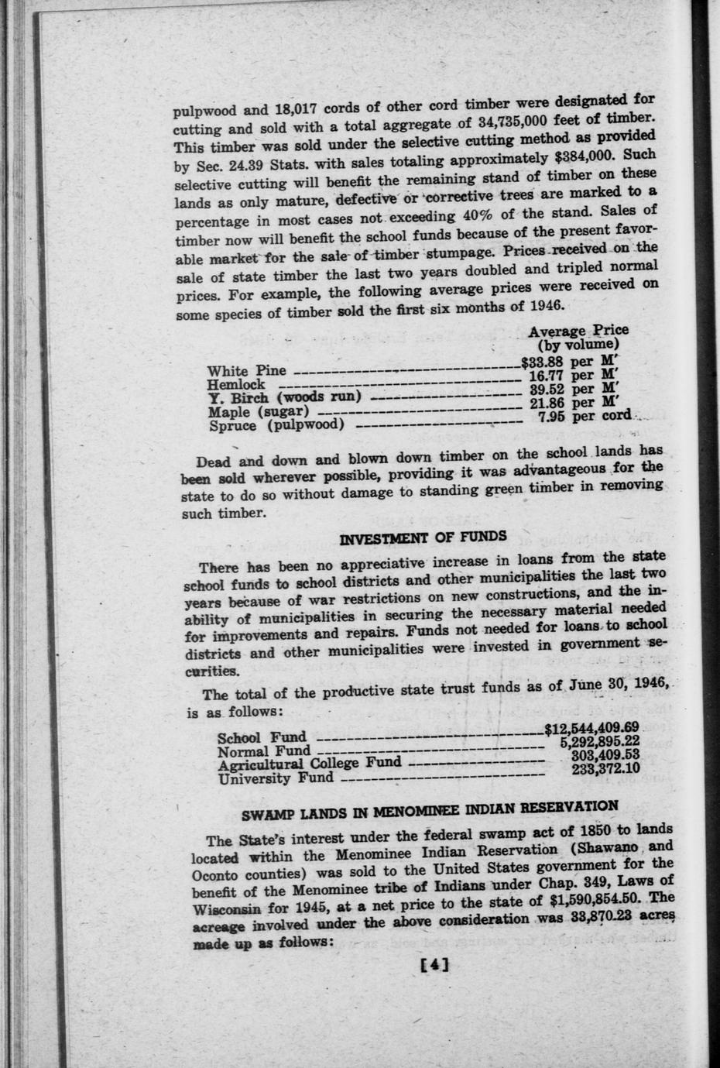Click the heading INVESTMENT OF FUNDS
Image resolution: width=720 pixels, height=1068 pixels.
click(x=423, y=535)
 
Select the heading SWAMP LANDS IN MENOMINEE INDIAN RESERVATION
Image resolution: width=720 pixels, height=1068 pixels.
click(x=430, y=809)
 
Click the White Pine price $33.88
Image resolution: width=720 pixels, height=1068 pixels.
click(x=544, y=361)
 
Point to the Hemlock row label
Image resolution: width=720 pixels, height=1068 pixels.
click(x=236, y=384)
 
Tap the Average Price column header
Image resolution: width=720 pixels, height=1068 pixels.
click(x=578, y=331)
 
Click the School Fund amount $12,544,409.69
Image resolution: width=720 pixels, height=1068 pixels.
click(x=591, y=728)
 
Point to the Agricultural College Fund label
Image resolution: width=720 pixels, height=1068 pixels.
click(x=310, y=764)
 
